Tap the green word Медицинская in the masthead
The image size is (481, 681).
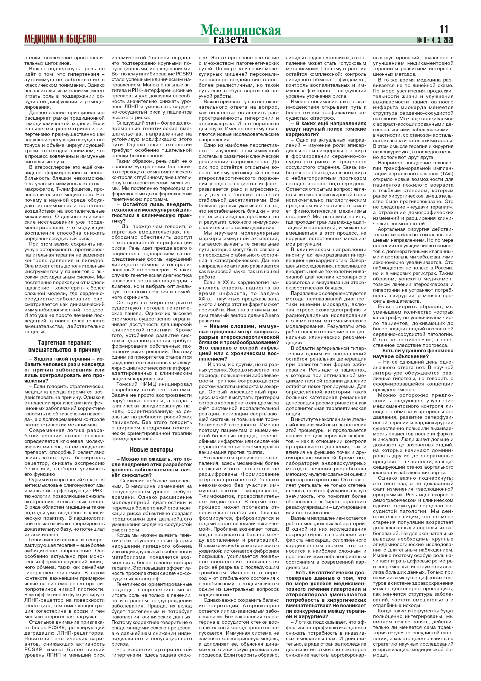tap(240, 30)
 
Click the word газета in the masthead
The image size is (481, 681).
tap(230, 40)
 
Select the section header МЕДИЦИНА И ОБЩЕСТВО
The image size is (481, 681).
tap(60, 39)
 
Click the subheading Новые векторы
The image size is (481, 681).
tap(152, 449)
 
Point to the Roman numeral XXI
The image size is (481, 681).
tap(204, 299)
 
